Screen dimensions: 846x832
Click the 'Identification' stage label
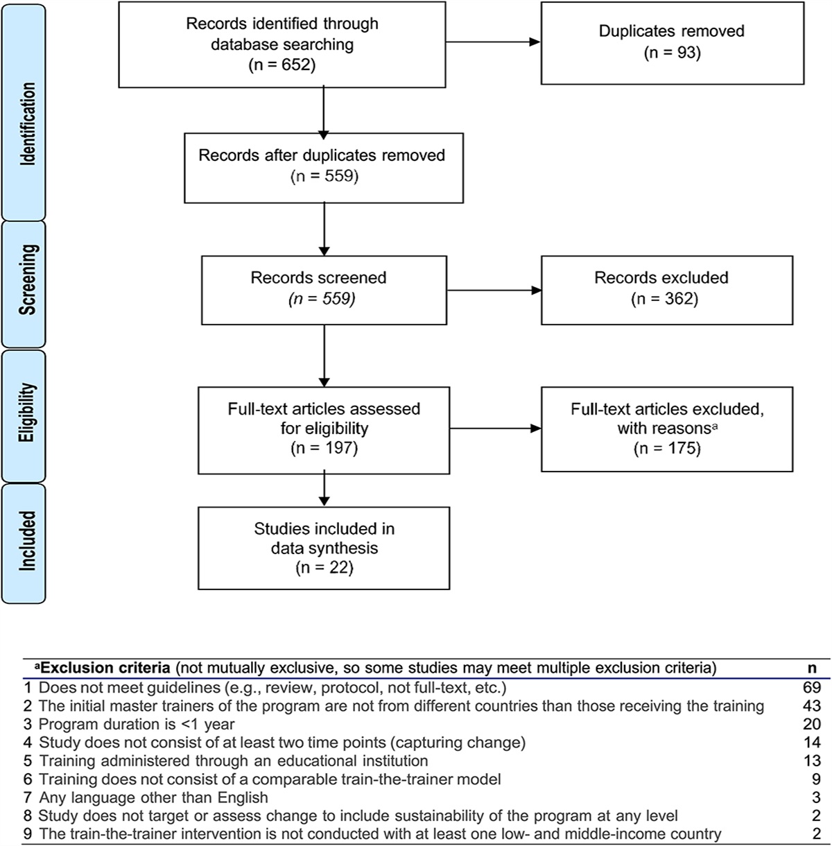[x=28, y=123]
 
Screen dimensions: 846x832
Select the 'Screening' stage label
[x=28, y=279]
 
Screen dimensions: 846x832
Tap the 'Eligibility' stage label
[x=28, y=413]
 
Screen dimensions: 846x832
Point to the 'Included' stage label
[x=28, y=541]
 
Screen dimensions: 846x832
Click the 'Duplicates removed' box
[x=672, y=42]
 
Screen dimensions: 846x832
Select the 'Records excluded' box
[x=666, y=289]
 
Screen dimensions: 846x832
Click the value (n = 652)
[x=282, y=65]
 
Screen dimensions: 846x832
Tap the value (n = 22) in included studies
[x=323, y=568]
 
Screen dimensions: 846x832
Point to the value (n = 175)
[x=667, y=449]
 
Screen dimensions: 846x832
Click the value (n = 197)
[x=323, y=449]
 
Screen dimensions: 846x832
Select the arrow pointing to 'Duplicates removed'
[x=492, y=42]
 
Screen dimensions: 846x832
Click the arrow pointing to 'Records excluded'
[x=493, y=289]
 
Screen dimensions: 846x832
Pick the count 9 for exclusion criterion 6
[x=815, y=779]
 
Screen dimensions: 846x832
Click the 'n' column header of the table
[x=813, y=668]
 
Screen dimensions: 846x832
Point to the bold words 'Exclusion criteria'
[x=104, y=668]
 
